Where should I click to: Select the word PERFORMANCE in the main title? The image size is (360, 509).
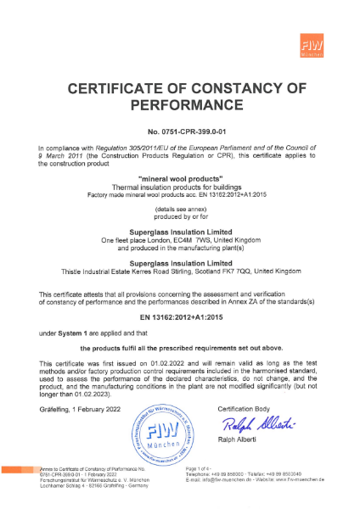180,106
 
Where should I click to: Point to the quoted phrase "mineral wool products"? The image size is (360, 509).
180,178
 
